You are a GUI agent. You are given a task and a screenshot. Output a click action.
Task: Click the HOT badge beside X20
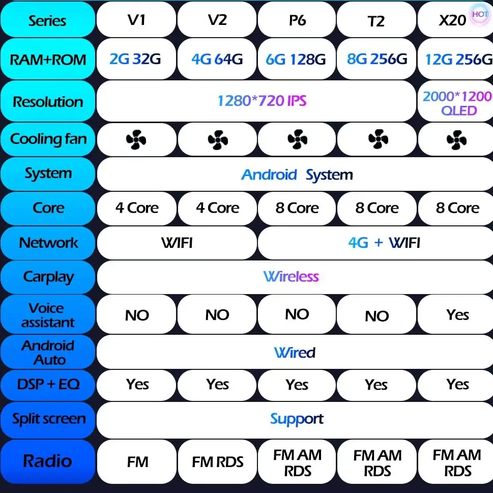(x=479, y=14)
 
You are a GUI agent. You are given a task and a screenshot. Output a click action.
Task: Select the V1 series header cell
(x=136, y=20)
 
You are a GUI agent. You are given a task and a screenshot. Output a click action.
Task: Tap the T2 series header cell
(x=376, y=20)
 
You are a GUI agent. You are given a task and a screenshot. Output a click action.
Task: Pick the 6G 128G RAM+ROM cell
(x=296, y=60)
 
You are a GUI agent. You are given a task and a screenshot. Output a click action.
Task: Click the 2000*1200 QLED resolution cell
(x=456, y=103)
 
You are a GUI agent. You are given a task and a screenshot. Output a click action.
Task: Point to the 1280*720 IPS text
(x=262, y=101)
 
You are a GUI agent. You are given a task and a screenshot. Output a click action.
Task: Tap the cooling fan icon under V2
(x=217, y=139)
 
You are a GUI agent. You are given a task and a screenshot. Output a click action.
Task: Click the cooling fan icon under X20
(x=456, y=139)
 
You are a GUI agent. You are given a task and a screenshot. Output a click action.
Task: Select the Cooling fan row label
(x=48, y=139)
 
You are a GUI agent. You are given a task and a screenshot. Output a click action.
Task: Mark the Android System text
(x=297, y=175)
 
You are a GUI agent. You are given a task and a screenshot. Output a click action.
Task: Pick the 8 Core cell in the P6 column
(x=297, y=208)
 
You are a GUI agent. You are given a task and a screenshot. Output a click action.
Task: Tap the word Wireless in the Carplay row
(x=291, y=277)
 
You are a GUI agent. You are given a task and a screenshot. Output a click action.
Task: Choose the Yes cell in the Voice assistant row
(x=457, y=315)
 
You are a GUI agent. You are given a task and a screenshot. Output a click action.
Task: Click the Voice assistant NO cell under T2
(x=376, y=316)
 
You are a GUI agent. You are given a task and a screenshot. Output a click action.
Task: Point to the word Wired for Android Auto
(x=295, y=352)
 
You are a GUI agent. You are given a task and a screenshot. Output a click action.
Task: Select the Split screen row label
(x=49, y=419)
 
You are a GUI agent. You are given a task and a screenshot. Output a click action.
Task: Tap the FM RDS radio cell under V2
(x=218, y=462)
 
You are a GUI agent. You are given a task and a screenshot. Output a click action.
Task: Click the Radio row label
(x=47, y=461)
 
